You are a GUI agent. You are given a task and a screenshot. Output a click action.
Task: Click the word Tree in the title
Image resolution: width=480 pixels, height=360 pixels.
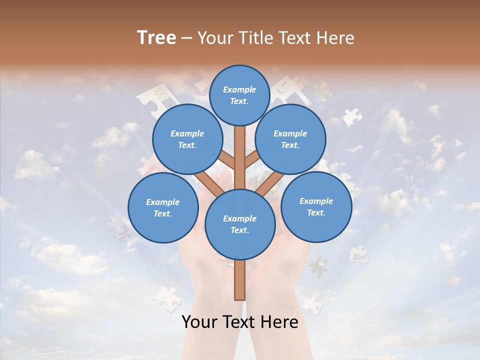[156, 38]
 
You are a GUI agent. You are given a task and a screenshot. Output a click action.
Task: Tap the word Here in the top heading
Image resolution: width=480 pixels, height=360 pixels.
[335, 38]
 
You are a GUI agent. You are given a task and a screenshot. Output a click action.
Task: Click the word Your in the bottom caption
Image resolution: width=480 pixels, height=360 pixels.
[199, 322]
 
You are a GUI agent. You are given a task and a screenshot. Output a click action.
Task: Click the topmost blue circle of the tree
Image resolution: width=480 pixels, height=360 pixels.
[239, 95]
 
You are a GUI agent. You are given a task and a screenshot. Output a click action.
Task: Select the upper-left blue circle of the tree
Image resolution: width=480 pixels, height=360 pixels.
[187, 139]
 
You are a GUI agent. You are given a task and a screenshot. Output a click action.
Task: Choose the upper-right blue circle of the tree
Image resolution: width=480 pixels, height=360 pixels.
[290, 139]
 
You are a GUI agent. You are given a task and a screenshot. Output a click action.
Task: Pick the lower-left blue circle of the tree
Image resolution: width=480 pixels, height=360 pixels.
[163, 207]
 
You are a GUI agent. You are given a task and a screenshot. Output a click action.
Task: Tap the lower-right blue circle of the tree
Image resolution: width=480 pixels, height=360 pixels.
[316, 206]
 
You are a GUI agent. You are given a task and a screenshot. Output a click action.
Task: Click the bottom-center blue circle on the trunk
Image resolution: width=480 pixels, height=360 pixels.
[240, 224]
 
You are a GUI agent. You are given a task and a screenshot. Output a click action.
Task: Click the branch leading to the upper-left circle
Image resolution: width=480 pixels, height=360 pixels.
[227, 161]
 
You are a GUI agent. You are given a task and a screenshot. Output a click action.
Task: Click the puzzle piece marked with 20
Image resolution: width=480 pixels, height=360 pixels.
[359, 255]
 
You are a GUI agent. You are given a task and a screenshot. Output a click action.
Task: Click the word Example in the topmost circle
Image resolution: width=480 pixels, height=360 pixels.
[239, 89]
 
